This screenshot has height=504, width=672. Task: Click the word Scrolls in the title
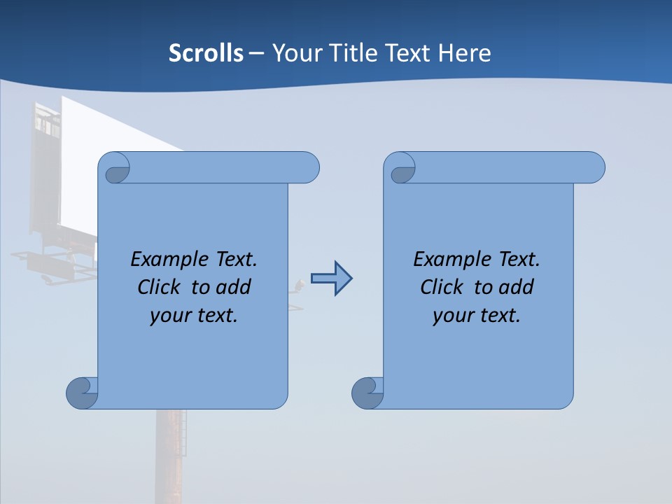click(206, 53)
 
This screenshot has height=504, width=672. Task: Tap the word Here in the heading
click(464, 53)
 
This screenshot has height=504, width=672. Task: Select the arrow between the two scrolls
click(331, 279)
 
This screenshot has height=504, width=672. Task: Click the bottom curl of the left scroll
click(82, 393)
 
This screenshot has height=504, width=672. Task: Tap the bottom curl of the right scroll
click(367, 393)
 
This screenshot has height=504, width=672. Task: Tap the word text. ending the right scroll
click(499, 316)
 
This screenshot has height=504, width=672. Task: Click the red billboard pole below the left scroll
click(171, 455)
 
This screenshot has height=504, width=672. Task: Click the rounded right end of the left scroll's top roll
click(308, 168)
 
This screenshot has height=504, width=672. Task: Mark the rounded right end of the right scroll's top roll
click(594, 168)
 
